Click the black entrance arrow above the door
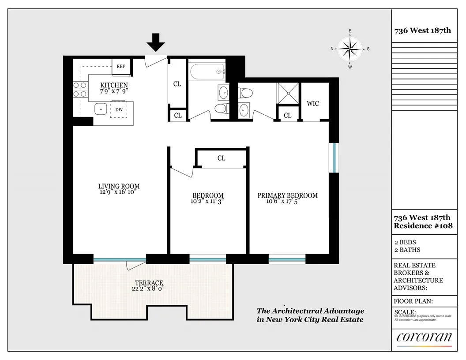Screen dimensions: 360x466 coord(155,43)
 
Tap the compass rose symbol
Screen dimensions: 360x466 coord(350,49)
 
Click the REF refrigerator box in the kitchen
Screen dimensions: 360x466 coord(120,67)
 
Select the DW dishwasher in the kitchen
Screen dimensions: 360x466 coord(119,109)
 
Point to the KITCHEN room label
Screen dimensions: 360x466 coord(114,85)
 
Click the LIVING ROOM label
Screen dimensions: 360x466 coord(119,186)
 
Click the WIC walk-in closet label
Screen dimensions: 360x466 coord(312,104)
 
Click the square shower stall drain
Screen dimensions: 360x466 coord(288,93)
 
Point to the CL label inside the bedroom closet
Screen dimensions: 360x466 coord(221,158)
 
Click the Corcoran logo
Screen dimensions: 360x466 coord(424,337)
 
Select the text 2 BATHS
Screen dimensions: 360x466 coord(407,250)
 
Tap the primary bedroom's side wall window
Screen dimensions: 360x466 coord(334,157)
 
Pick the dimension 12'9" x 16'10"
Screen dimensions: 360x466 coord(119,192)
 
